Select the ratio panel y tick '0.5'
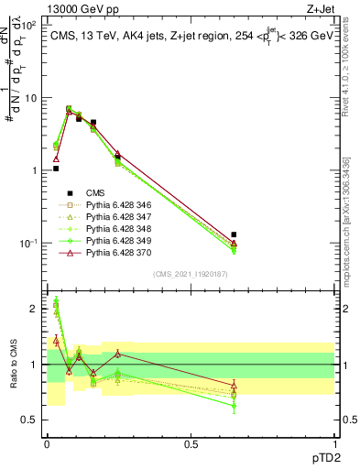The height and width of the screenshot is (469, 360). (x=32, y=420)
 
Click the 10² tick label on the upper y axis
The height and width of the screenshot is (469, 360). (x=30, y=25)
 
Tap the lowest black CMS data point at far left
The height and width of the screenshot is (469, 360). (x=56, y=169)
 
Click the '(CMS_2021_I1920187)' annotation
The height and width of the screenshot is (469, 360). (x=190, y=273)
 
